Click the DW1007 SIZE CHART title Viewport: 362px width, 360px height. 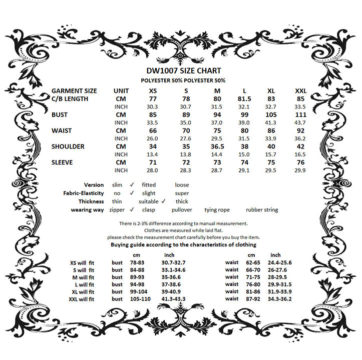pos(184,71)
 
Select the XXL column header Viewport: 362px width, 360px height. pos(300,91)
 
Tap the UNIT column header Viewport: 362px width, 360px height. pos(121,91)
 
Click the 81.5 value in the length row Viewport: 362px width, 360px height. pos(244,99)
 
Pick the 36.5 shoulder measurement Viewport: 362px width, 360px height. pos(217,146)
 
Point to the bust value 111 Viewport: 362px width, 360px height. pos(300,115)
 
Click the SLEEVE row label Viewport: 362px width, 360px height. pos(63,162)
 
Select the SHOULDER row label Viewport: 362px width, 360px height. pos(68,146)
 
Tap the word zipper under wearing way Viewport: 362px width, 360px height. pos(117,210)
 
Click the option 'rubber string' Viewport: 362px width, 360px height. pos(262,210)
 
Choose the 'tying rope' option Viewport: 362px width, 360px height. pos(217,210)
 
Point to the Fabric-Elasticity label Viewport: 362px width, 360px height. pos(84,193)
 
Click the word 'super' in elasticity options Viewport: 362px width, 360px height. pos(182,193)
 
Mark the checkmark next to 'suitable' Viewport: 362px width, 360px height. pos(163,201)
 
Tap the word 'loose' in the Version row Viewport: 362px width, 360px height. pos(182,185)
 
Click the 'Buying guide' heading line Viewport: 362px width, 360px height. pos(183,245)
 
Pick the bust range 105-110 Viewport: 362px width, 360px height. pos(140,298)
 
